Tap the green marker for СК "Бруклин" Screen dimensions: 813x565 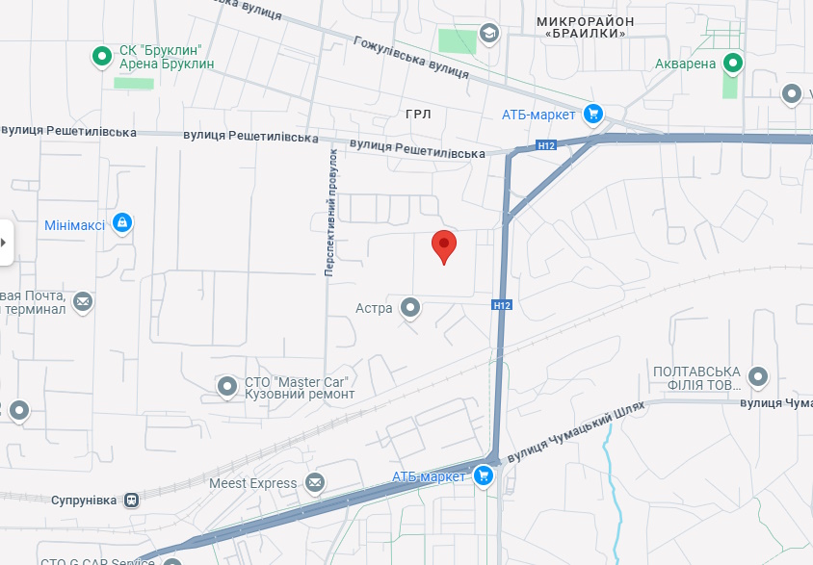(x=102, y=57)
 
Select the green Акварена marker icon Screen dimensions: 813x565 (x=733, y=64)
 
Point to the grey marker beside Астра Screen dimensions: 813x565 (x=410, y=308)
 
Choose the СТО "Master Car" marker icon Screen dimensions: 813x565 (x=227, y=387)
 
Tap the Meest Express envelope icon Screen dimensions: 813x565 (x=315, y=482)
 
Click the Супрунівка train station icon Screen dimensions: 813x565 (x=131, y=501)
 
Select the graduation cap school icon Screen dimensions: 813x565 (x=489, y=34)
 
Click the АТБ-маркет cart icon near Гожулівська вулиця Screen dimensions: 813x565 (x=592, y=115)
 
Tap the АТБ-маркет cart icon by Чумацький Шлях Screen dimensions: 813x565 (x=484, y=476)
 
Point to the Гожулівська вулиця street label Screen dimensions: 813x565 (x=411, y=58)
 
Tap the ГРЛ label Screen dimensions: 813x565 (x=418, y=115)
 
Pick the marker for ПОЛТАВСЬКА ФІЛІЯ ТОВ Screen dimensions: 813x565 (x=758, y=377)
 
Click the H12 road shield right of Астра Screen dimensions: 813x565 (x=500, y=305)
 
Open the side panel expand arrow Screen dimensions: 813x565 (x=5, y=242)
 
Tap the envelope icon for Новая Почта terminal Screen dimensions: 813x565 (x=83, y=302)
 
